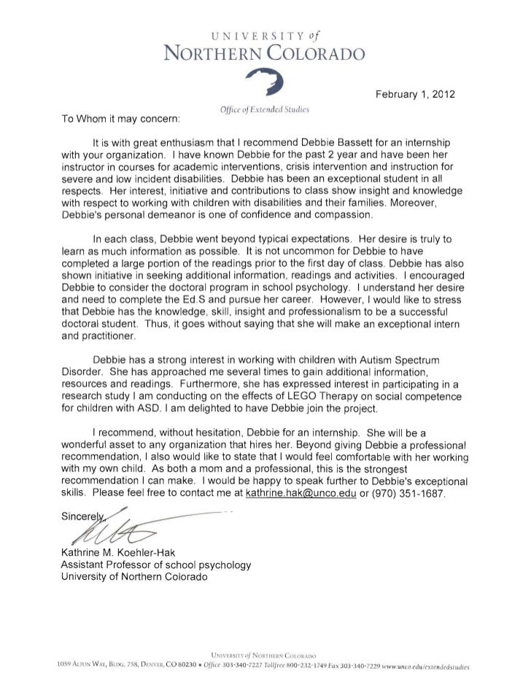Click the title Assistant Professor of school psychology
point(155,565)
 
